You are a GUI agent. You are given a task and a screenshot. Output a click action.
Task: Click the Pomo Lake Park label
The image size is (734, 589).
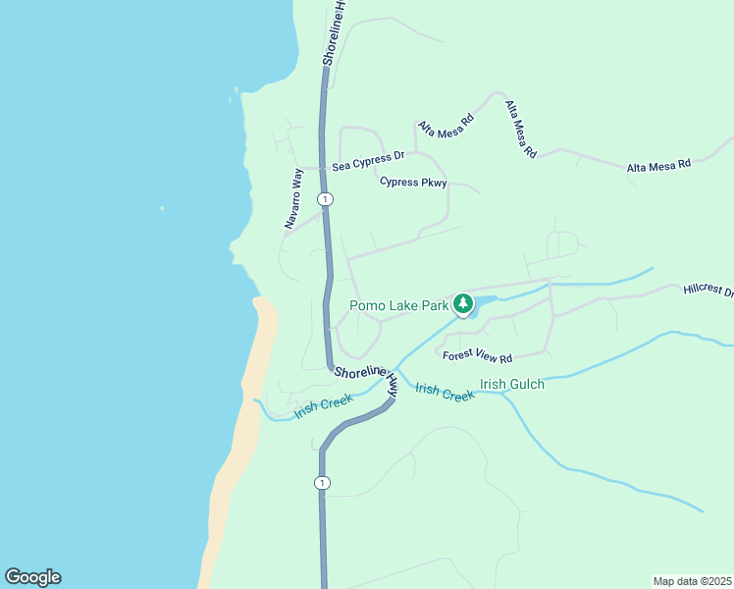399,305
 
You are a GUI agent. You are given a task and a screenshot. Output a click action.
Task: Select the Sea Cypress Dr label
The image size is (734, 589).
368,161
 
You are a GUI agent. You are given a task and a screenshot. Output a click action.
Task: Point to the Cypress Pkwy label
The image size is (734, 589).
413,182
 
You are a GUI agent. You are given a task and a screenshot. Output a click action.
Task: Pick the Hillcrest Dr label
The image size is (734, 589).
708,291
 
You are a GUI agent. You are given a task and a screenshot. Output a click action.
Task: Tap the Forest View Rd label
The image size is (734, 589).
478,355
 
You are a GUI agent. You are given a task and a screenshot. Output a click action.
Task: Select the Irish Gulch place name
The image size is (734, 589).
511,384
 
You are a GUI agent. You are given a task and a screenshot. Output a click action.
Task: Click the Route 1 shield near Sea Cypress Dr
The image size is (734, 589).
325,199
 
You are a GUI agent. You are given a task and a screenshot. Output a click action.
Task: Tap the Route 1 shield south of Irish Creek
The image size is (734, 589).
322,483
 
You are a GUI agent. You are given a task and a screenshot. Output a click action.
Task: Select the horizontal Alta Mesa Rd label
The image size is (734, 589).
658,165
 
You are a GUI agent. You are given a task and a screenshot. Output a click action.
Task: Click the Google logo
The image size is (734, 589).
32,577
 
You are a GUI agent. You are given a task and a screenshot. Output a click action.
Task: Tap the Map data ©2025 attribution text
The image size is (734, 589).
692,581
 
